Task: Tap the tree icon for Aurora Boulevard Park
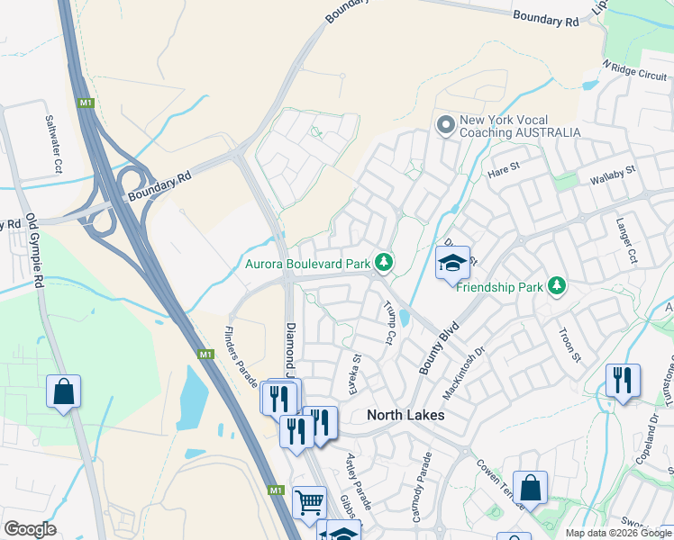click(x=384, y=263)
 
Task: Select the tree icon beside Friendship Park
click(x=558, y=286)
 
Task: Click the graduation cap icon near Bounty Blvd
click(x=452, y=263)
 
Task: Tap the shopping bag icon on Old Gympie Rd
click(x=63, y=391)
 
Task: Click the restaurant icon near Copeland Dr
click(x=622, y=380)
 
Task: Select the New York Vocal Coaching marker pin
click(x=444, y=125)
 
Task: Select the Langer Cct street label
click(x=626, y=239)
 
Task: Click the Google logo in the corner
click(x=30, y=528)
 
